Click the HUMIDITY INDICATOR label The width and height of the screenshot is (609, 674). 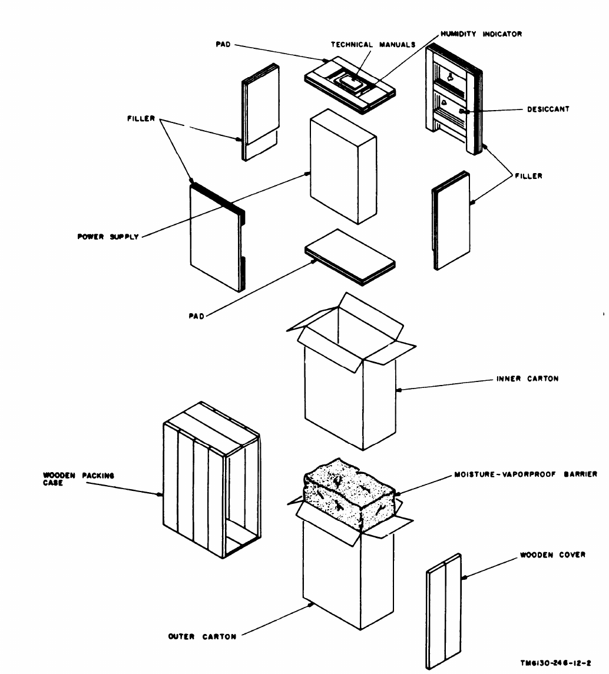(476, 34)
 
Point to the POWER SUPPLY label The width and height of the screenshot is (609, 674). (112, 237)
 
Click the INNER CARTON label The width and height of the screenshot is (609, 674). (527, 379)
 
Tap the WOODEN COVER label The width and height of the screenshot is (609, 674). (552, 555)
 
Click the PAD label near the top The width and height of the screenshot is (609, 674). (223, 45)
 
